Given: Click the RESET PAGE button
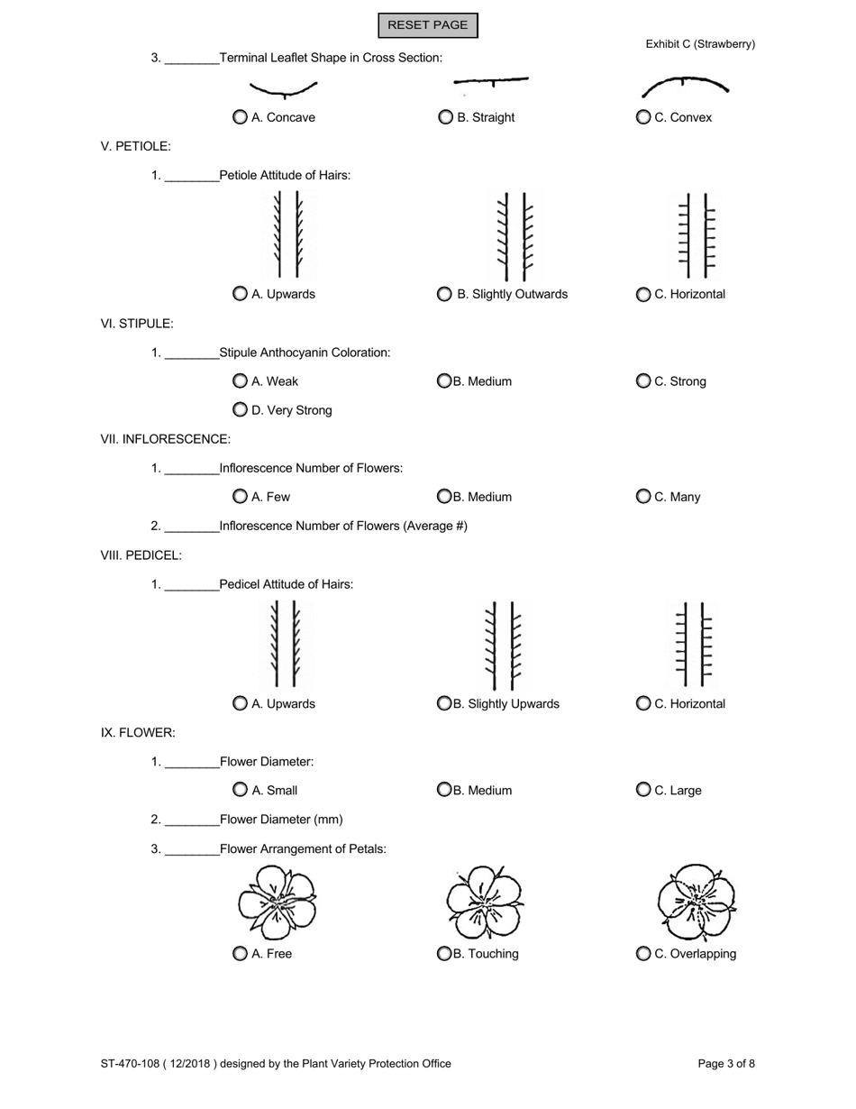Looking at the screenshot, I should click(427, 25).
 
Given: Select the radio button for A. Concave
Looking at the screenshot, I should click(240, 117).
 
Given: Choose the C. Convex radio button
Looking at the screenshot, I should click(643, 117).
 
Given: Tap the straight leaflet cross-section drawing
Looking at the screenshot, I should click(491, 83).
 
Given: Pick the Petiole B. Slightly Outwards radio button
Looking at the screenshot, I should click(444, 294).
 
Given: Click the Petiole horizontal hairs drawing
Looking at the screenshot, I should click(697, 235).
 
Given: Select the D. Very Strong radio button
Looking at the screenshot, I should click(240, 410).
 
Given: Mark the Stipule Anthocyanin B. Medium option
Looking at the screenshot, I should click(444, 381).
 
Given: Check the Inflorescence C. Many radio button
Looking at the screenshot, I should click(643, 497).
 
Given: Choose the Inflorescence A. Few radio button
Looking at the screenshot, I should click(240, 497).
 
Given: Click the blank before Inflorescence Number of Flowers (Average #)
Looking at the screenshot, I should click(193, 527).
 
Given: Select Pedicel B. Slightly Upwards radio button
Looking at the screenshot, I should click(444, 704).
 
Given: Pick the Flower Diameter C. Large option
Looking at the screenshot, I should click(643, 791).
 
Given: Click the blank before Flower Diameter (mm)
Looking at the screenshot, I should click(193, 820).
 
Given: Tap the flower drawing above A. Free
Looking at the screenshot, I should click(277, 903).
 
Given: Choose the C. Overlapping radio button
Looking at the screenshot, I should click(643, 954).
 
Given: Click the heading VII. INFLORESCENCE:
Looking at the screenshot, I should click(166, 439).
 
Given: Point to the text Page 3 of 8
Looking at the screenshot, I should click(726, 1064).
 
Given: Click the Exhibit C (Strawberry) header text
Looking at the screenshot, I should click(700, 44).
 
